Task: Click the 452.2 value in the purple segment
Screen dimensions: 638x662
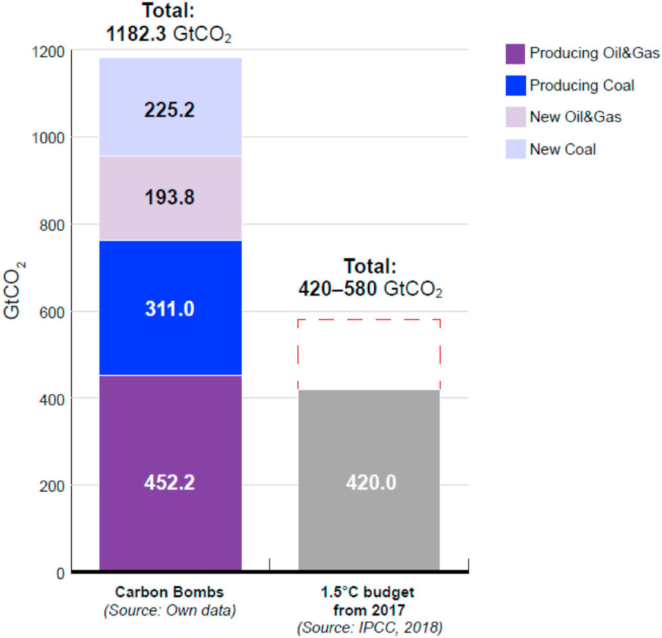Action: click(170, 482)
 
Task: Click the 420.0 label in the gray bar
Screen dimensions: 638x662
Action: click(369, 482)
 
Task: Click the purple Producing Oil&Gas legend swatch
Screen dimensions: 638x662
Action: click(515, 54)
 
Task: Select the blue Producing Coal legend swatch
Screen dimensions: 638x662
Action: click(515, 86)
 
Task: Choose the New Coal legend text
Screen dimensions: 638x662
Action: click(563, 149)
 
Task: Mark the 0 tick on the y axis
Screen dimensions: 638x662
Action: click(61, 573)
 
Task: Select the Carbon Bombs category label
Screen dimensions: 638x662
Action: click(169, 592)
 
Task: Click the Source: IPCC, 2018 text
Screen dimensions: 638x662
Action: click(369, 626)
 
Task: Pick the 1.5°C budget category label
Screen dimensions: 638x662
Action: click(369, 593)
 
